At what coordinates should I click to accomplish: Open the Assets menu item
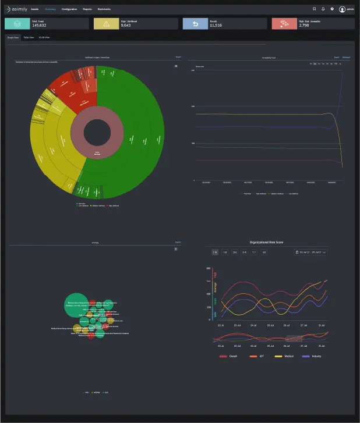tap(35, 9)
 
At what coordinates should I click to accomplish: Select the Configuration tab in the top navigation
tap(69, 9)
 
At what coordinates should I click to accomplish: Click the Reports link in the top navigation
tap(87, 9)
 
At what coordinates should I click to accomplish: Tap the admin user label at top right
tap(351, 9)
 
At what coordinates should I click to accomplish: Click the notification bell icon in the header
tap(323, 9)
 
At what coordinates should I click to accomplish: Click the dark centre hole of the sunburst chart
tap(97, 133)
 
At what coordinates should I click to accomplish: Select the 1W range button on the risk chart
tap(215, 253)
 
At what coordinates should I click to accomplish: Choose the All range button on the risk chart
tap(264, 253)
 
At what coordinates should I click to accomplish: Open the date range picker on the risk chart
tap(311, 253)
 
